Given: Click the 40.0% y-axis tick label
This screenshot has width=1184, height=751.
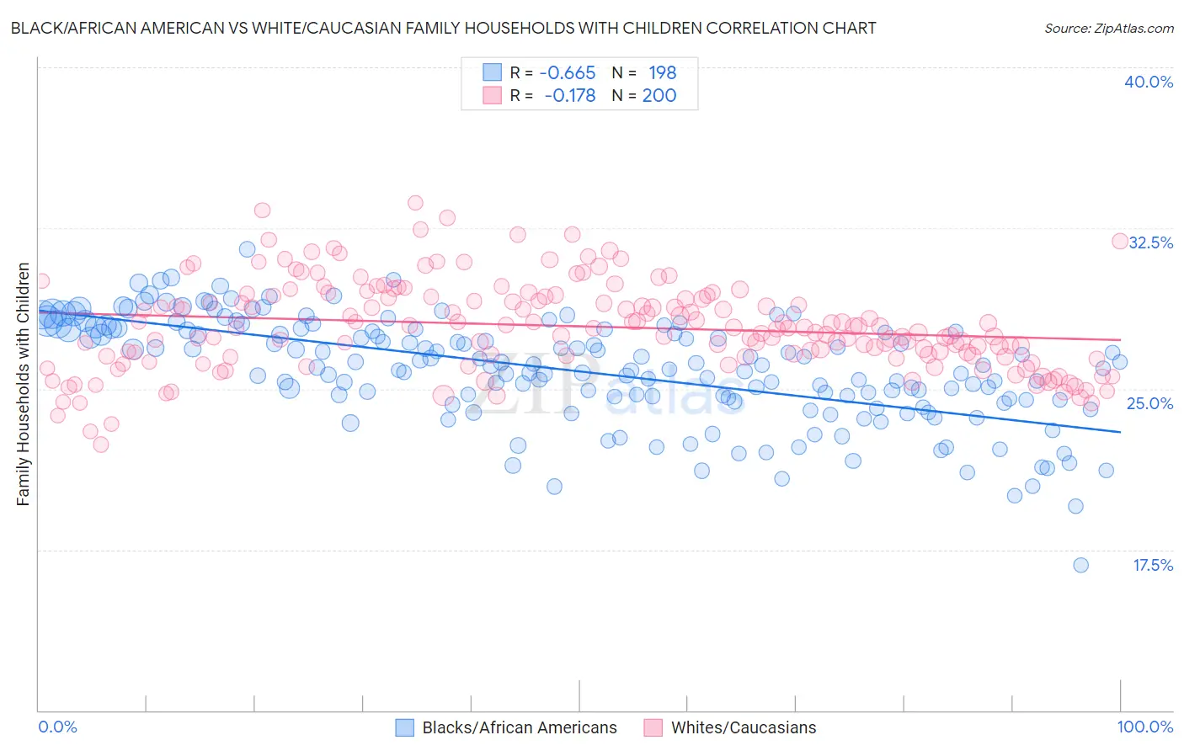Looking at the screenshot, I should click(x=1149, y=82).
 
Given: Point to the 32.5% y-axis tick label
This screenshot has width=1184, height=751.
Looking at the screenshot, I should click(x=1150, y=242).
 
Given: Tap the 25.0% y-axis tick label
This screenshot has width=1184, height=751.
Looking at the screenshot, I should click(x=1149, y=403).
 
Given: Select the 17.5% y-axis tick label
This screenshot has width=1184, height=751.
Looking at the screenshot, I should click(x=1153, y=565).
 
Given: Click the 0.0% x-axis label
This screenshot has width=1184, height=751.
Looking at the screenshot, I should click(x=57, y=727).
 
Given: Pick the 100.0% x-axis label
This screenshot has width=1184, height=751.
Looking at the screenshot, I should click(x=1145, y=727).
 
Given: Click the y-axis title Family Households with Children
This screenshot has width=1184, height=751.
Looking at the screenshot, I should click(x=24, y=385).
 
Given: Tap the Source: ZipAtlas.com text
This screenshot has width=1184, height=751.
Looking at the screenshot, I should click(x=1109, y=29).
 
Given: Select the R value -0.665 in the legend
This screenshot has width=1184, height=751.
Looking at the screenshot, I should click(x=567, y=72).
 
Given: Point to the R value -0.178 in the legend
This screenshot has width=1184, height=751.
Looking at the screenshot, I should click(x=569, y=95).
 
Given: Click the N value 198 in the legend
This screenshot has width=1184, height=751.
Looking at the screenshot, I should click(x=662, y=72).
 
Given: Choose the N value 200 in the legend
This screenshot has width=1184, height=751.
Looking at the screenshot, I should click(x=659, y=95).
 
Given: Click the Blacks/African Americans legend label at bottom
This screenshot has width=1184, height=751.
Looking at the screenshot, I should click(x=520, y=727).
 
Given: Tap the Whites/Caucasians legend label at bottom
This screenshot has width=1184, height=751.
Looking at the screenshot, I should click(x=744, y=727).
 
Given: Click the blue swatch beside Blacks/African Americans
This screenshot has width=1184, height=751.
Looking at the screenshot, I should click(x=404, y=727).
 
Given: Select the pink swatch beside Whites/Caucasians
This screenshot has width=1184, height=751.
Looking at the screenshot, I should click(x=653, y=727).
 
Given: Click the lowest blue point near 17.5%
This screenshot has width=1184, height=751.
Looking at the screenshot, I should click(x=1080, y=565).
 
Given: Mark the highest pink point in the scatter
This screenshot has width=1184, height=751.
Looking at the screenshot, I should click(x=415, y=203).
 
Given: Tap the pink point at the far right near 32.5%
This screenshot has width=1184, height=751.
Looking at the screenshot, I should click(x=1120, y=242).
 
